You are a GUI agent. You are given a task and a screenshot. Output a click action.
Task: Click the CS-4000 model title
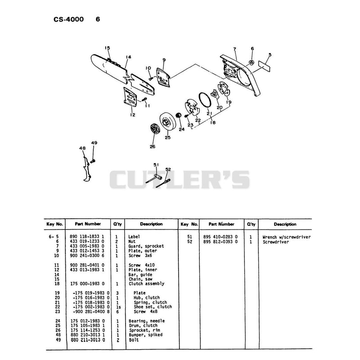point(69,19)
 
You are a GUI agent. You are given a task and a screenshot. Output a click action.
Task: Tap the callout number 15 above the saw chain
point(107,48)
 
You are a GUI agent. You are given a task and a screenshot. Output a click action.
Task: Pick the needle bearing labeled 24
point(179,115)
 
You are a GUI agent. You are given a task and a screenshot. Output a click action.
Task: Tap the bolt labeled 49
point(93,161)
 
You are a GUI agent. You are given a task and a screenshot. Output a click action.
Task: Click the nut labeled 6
point(252,63)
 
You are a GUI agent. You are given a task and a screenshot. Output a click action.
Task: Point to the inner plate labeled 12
point(130,97)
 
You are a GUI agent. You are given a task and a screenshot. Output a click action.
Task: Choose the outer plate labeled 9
point(163,77)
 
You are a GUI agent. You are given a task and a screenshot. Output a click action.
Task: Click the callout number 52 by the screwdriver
point(168,170)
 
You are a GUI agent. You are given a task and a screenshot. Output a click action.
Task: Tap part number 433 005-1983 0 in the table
point(87,246)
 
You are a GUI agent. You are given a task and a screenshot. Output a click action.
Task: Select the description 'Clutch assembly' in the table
point(147,284)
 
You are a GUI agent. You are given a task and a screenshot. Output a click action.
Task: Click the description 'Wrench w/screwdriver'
point(287,237)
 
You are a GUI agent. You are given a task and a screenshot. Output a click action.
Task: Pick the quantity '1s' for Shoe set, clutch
point(118,307)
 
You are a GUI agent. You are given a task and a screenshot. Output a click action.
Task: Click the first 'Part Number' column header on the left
point(88,224)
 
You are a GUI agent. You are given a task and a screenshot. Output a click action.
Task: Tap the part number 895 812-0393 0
point(220,242)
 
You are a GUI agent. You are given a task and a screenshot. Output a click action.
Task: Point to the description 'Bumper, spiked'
point(145,335)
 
